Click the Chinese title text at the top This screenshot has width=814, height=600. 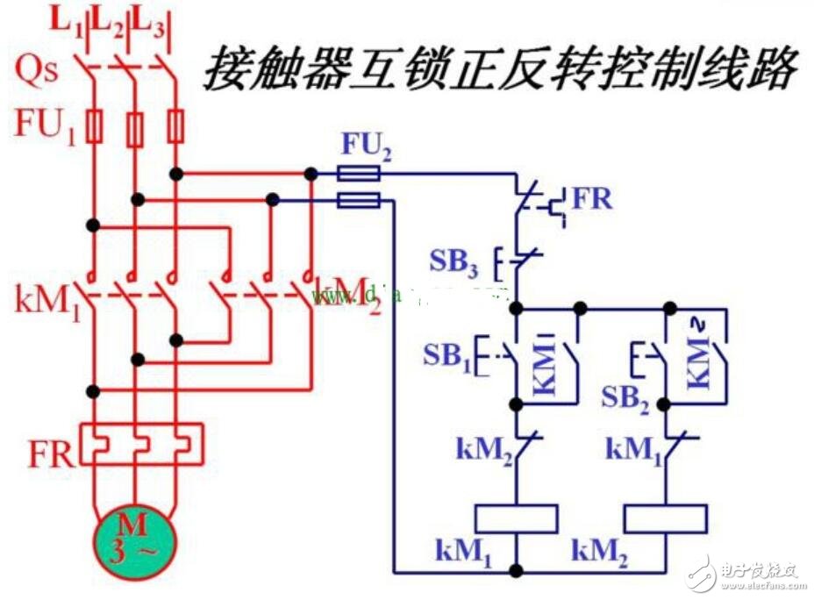click(x=500, y=69)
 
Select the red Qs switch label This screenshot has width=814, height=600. click(x=38, y=69)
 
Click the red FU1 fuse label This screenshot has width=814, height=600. click(x=44, y=125)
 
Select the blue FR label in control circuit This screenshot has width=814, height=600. click(x=592, y=199)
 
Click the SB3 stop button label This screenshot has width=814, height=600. click(x=453, y=261)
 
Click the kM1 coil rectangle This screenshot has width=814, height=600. click(x=516, y=519)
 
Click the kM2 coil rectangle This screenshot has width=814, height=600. click(x=666, y=519)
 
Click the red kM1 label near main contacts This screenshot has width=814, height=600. click(x=44, y=301)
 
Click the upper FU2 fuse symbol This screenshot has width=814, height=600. click(x=359, y=175)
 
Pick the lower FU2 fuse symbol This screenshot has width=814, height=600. click(x=359, y=201)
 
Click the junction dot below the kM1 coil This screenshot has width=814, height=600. click(x=516, y=571)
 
